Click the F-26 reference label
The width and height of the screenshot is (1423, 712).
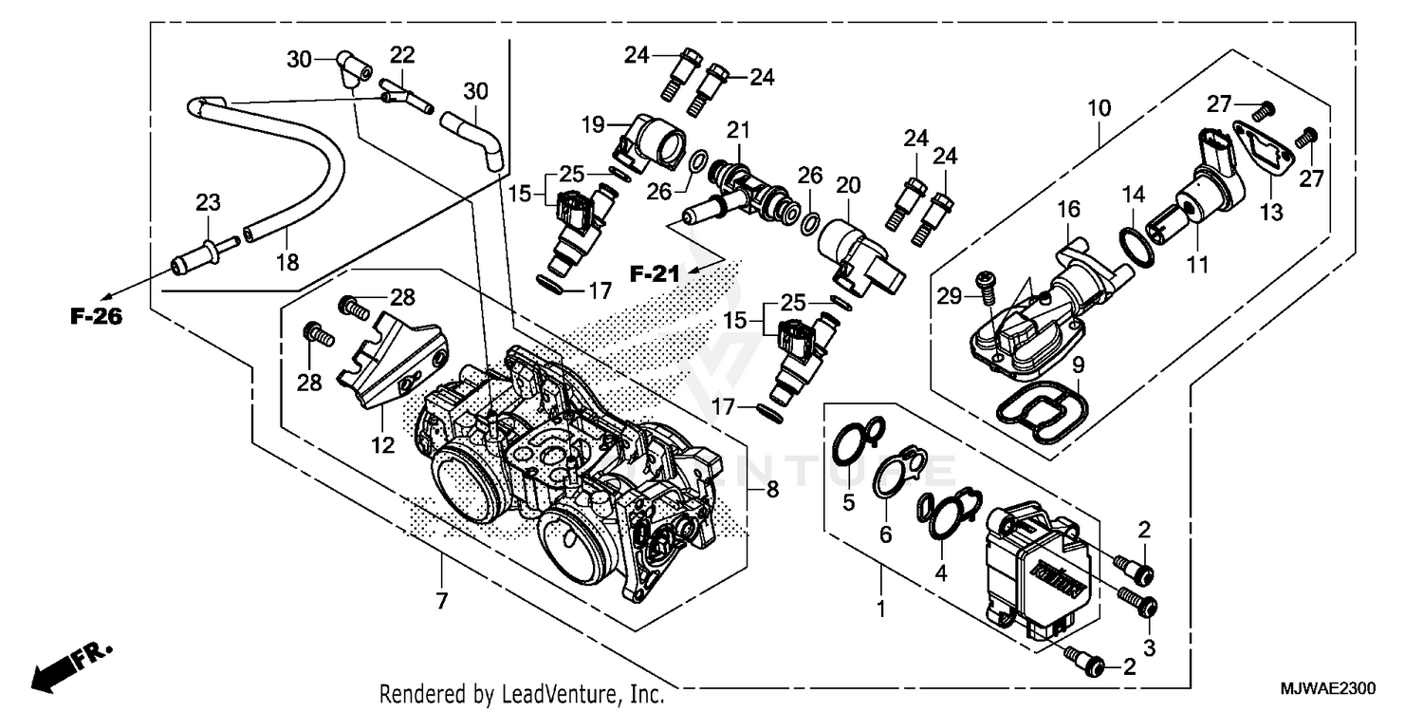tap(96, 317)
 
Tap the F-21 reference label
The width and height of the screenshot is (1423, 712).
tap(656, 275)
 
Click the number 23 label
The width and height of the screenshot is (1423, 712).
tap(208, 201)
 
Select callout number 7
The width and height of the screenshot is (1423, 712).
tap(442, 600)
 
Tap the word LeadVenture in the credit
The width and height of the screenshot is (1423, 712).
tap(567, 695)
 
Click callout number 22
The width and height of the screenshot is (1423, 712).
tap(402, 56)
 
